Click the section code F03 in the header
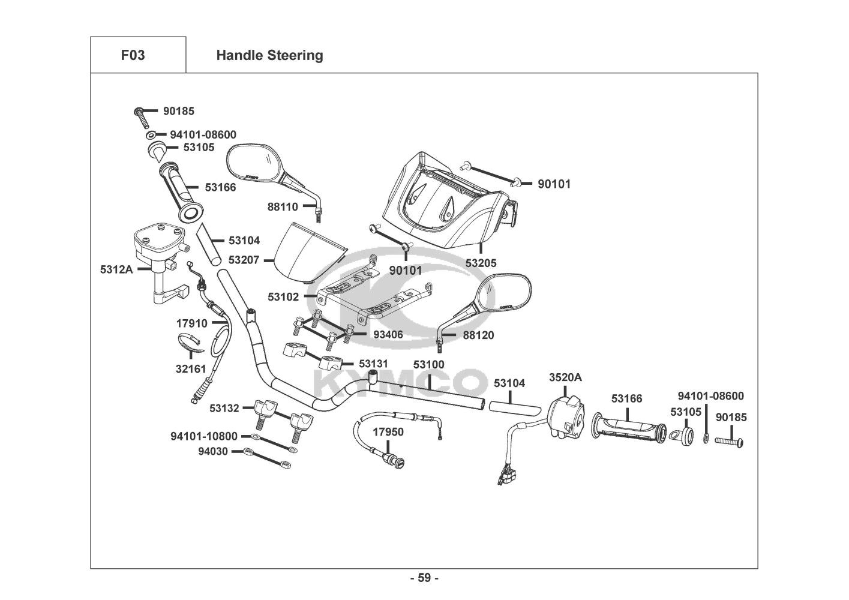133,55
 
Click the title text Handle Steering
269,55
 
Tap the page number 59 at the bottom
424,578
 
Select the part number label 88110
283,207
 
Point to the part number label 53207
243,260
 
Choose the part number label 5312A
116,269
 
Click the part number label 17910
191,323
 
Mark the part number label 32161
191,370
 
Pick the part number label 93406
388,335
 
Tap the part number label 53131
373,364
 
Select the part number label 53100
428,364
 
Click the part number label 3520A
565,377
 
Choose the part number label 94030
213,451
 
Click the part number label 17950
388,431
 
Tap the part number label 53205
481,263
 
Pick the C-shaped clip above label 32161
190,344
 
